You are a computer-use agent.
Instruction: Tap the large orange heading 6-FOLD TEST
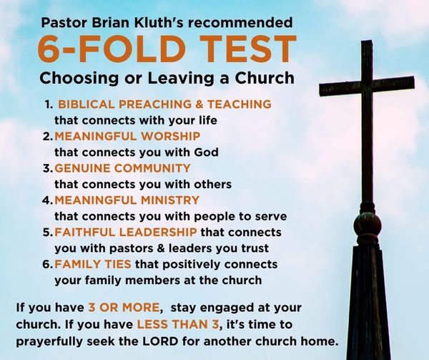(x=167, y=49)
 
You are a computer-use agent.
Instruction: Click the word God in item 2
(x=207, y=152)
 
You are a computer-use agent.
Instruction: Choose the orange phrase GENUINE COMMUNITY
(x=122, y=168)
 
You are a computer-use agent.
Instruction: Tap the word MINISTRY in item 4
(x=170, y=200)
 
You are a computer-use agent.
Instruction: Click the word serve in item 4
(x=271, y=217)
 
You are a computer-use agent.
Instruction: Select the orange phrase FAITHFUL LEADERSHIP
(x=126, y=232)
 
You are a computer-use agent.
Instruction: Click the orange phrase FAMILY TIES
(x=93, y=264)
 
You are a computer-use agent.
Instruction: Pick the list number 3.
(x=47, y=168)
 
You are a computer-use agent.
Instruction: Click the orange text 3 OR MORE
(x=124, y=308)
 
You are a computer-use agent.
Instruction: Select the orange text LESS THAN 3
(x=178, y=324)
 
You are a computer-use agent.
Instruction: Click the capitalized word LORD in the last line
(x=160, y=341)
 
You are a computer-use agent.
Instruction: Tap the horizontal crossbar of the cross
(x=367, y=86)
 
